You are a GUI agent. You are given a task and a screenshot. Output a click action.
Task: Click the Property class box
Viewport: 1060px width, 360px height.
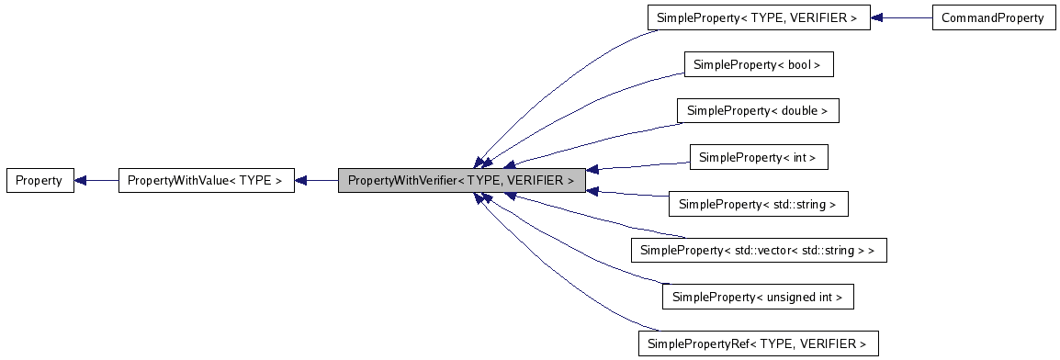[39, 181]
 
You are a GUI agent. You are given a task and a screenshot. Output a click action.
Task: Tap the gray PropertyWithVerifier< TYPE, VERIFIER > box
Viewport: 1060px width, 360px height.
[460, 181]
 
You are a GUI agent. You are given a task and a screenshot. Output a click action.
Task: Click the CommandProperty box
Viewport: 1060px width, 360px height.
[993, 17]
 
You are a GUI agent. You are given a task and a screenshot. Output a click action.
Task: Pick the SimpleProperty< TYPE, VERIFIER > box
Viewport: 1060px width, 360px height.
[758, 17]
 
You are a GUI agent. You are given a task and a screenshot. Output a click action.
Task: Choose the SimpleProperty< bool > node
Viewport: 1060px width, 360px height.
[758, 64]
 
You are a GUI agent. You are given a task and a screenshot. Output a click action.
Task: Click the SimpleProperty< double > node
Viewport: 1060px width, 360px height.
[758, 111]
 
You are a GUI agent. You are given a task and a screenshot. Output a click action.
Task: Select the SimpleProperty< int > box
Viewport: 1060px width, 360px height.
[758, 158]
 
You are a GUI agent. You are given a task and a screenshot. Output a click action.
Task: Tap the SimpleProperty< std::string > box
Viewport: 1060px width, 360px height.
[758, 205]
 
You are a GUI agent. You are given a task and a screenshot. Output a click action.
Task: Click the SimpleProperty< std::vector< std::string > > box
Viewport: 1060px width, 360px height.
[758, 251]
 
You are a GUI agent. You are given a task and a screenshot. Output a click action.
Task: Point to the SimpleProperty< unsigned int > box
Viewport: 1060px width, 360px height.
[758, 298]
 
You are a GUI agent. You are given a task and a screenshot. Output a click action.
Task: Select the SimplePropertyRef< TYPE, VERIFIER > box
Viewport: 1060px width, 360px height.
[758, 344]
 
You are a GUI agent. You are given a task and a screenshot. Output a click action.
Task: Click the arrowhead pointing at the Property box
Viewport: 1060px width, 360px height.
[81, 181]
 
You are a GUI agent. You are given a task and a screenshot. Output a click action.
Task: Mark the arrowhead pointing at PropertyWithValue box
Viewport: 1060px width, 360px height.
[301, 181]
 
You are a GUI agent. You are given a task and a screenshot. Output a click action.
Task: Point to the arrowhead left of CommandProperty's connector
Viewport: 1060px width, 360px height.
[877, 17]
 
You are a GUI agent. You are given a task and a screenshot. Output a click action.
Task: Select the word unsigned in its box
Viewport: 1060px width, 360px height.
[795, 298]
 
